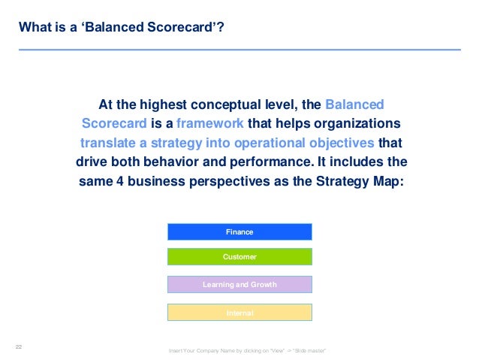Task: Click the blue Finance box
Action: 239,232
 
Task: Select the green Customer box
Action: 239,257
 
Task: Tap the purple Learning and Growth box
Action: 239,285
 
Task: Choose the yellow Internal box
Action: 239,313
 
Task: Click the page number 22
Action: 20,346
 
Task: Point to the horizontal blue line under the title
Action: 239,50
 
